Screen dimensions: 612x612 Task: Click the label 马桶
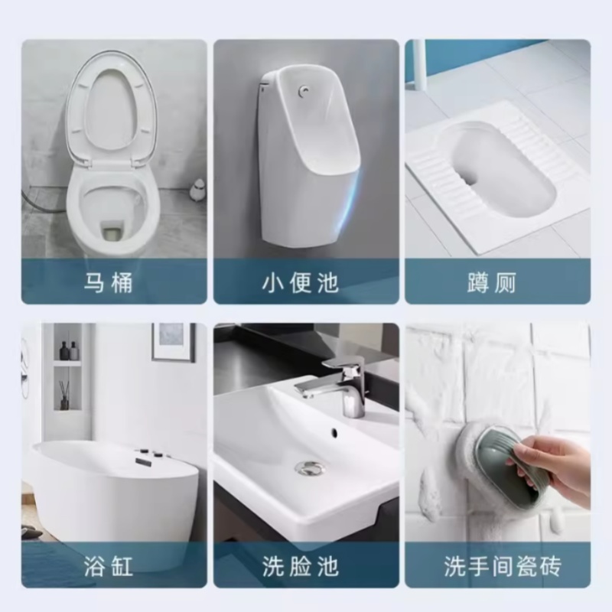coord(109,283)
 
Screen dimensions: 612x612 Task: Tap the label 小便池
coord(306,283)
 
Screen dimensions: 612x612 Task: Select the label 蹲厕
coord(497,283)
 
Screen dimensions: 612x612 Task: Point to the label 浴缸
coord(109,567)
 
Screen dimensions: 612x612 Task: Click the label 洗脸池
coord(306,567)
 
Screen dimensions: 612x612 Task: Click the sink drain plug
coord(309,466)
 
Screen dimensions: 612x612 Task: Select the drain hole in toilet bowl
coord(112,227)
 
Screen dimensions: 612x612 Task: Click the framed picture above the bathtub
coord(174,341)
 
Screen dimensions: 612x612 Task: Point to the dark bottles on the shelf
coord(69,351)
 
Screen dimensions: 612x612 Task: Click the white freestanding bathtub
coord(115,490)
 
